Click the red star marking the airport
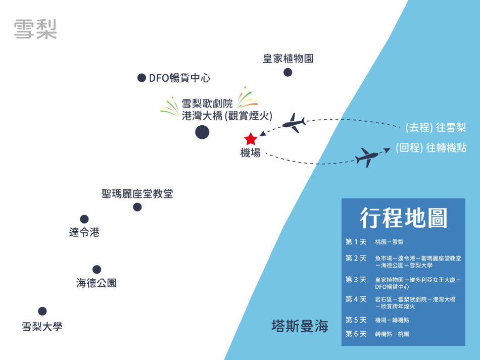click(x=251, y=139)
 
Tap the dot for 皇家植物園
click(x=288, y=72)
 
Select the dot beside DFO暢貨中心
click(x=142, y=78)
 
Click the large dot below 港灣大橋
click(x=202, y=132)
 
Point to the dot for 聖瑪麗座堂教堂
click(x=137, y=207)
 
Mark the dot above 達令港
click(x=84, y=219)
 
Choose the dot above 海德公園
click(x=97, y=270)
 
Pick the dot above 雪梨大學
click(x=42, y=311)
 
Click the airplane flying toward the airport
click(x=294, y=123)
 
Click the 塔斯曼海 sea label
click(x=300, y=326)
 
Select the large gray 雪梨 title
click(x=35, y=29)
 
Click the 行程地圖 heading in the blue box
click(x=403, y=218)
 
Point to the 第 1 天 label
click(x=356, y=242)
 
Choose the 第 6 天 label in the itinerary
click(x=356, y=334)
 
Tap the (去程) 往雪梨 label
click(x=436, y=127)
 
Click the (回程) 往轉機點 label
click(x=431, y=148)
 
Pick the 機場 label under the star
click(x=251, y=153)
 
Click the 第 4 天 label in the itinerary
click(x=356, y=299)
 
